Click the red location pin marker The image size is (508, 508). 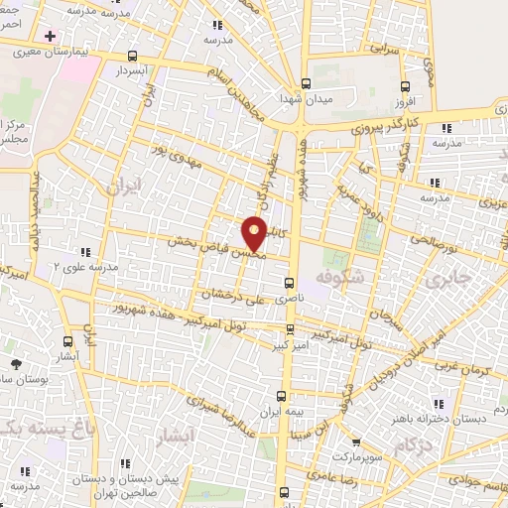pyautogui.click(x=255, y=232)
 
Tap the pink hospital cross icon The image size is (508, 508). pyautogui.click(x=50, y=36)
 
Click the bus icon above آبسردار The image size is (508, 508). pyautogui.click(x=134, y=58)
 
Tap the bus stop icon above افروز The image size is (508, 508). pyautogui.click(x=404, y=87)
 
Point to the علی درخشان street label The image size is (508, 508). pyautogui.click(x=229, y=293)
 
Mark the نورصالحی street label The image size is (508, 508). pyautogui.click(x=432, y=239)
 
